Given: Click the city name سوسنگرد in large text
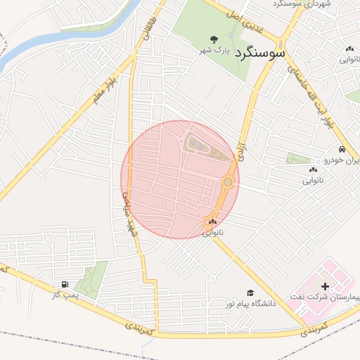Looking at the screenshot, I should coord(260,52).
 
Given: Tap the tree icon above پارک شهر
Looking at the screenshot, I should coord(214,39).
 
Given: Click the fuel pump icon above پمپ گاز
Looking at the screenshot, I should coord(65,285).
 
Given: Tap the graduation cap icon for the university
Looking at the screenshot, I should coord(250,292).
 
